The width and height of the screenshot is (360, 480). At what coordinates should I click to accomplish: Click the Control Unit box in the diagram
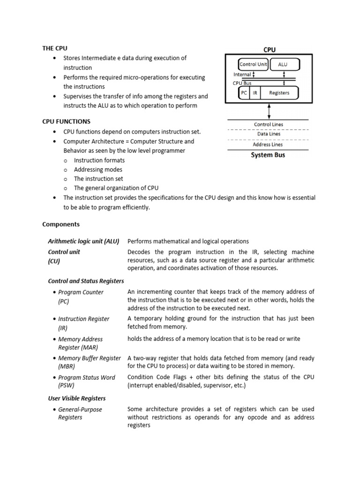coord(253,64)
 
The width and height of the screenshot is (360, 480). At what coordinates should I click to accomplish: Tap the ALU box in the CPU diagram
coord(283,64)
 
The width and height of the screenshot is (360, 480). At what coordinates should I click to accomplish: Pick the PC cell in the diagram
coord(244,93)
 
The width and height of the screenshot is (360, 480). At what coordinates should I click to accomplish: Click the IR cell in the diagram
coord(255,93)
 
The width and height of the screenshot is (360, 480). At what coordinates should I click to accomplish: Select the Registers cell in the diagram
coord(279,93)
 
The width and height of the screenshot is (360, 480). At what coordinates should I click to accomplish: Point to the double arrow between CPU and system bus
coord(269,111)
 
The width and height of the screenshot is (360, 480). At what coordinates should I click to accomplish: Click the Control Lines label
coord(268,125)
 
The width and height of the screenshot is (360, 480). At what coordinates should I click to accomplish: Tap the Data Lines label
coord(268,134)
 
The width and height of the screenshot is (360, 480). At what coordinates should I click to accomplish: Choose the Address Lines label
coord(268,144)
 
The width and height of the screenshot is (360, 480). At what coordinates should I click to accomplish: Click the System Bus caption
coord(268,155)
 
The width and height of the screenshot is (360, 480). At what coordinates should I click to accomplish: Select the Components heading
coord(61,225)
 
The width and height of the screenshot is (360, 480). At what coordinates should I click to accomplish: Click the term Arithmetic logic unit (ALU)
coord(84,241)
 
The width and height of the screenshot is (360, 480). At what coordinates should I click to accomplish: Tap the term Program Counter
coord(81,292)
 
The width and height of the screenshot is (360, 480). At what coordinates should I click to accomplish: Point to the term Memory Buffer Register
coord(89,358)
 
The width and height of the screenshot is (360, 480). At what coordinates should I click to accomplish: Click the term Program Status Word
coord(86,377)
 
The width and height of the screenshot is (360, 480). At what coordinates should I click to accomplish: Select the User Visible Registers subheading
coord(77,398)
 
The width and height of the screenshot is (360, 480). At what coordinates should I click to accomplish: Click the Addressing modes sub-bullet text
coord(98,170)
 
